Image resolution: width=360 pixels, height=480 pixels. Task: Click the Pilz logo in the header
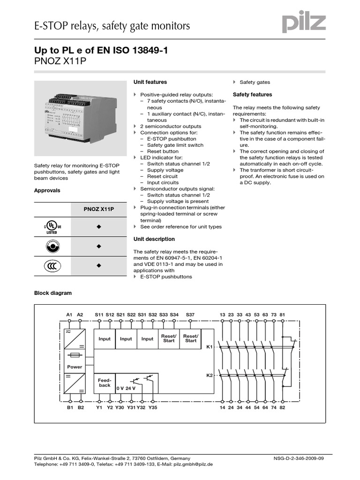(x=304, y=22)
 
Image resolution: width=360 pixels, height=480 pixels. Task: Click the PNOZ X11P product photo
(x=80, y=118)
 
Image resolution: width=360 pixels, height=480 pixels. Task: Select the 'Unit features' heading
(x=150, y=82)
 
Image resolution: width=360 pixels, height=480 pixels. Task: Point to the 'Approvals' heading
(x=47, y=191)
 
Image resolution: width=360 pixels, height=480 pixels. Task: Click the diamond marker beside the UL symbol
(x=99, y=227)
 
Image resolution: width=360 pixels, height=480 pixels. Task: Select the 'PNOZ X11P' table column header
(x=99, y=209)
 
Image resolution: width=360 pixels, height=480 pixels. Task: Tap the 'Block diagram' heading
(x=53, y=293)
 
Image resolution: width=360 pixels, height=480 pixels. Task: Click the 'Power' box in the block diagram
(x=75, y=367)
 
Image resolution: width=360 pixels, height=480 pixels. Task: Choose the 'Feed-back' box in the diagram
(x=105, y=383)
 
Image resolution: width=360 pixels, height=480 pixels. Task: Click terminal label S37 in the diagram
(x=190, y=314)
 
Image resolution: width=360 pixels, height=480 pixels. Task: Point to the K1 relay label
(x=210, y=347)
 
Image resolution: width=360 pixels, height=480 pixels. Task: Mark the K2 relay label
(x=210, y=376)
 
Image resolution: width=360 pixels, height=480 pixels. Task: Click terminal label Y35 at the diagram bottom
(x=153, y=408)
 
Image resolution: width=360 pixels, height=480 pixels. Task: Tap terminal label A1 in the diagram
(x=69, y=314)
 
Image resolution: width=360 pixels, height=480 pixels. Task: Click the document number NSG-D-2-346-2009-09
(x=297, y=458)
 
